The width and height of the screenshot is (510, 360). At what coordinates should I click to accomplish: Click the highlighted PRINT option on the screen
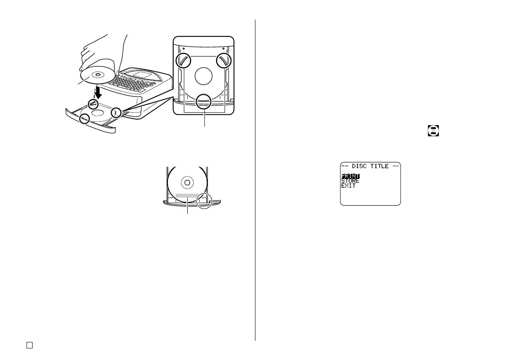[x=350, y=176]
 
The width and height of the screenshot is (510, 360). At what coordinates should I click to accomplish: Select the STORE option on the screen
[x=350, y=181]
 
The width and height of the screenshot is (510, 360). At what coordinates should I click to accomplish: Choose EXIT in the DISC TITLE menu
[x=348, y=186]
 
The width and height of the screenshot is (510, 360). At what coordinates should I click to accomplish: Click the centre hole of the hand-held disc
[x=98, y=75]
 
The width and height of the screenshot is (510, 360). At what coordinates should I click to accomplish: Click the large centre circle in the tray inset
[x=203, y=77]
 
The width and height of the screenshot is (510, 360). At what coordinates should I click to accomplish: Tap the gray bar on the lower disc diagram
[x=187, y=196]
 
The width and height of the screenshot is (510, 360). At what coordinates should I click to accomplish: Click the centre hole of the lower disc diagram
[x=186, y=182]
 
